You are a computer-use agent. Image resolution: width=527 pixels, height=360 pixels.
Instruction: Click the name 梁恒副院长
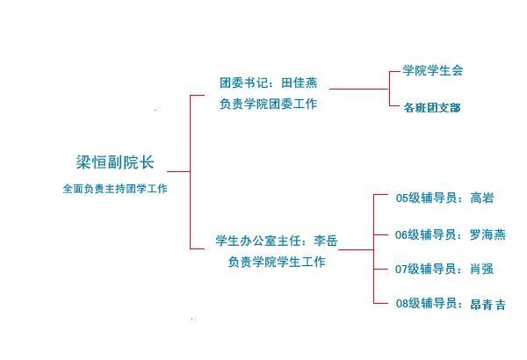point(115,162)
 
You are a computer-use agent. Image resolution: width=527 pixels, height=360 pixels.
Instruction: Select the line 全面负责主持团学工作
point(115,188)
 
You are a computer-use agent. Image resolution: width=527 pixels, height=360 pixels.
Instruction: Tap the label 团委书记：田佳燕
point(269,84)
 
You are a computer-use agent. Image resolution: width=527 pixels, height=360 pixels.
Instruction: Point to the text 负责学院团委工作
point(269,104)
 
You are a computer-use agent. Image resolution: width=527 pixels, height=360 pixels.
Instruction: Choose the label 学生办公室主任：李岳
point(277,241)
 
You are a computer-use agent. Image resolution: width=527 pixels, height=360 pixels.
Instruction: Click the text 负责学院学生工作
point(277,262)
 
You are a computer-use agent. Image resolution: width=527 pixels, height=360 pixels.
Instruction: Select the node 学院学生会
point(433,70)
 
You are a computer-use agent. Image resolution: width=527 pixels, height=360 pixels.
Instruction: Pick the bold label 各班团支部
point(432,107)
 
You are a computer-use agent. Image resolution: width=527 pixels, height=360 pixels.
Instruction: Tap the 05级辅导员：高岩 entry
point(444,198)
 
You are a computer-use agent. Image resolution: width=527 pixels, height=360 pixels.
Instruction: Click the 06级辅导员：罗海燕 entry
point(451,234)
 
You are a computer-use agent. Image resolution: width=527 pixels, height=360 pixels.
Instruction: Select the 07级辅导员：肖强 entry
point(444,269)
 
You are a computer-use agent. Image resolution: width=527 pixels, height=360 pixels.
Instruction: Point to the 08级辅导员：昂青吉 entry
point(451,304)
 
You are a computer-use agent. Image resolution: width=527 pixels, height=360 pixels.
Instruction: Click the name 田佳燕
point(300,84)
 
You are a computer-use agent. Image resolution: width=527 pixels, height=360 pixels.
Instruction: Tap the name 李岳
point(325,241)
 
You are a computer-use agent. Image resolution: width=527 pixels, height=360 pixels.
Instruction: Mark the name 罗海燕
point(487,234)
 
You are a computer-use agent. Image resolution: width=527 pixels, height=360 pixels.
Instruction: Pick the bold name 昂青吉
point(488,304)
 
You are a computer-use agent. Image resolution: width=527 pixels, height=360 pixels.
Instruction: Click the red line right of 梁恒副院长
point(178,171)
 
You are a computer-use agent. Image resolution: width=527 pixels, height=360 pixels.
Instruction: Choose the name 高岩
point(482,198)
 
